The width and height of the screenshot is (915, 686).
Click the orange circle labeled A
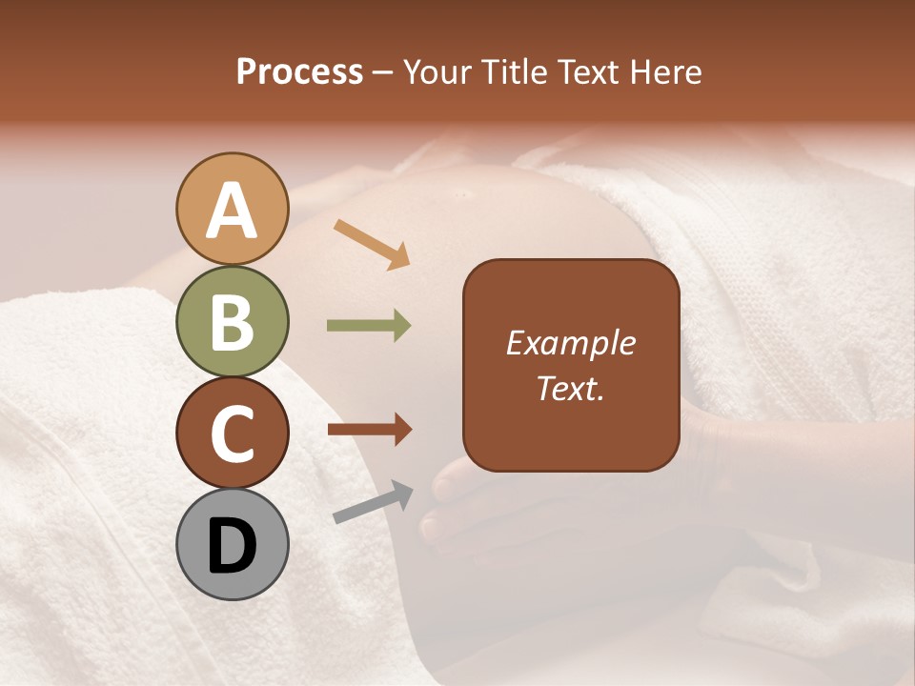[233, 209]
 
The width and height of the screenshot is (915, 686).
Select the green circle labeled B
[233, 321]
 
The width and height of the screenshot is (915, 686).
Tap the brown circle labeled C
[233, 433]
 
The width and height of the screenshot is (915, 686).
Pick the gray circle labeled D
[233, 544]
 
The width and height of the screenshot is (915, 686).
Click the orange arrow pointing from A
[372, 244]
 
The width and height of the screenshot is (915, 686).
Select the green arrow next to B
[369, 326]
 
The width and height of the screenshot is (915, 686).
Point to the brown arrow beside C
[370, 430]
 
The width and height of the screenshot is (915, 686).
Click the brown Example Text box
[571, 366]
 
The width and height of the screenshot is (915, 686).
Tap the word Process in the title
[299, 71]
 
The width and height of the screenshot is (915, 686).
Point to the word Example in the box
[571, 343]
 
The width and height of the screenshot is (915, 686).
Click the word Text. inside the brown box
[571, 389]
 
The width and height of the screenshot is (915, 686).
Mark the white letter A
[233, 211]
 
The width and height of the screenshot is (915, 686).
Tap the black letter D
[233, 545]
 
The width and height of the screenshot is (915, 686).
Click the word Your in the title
[437, 71]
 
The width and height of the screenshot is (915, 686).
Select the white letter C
[233, 434]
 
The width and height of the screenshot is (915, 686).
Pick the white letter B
[233, 322]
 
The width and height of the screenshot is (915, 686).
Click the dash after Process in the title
[383, 72]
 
